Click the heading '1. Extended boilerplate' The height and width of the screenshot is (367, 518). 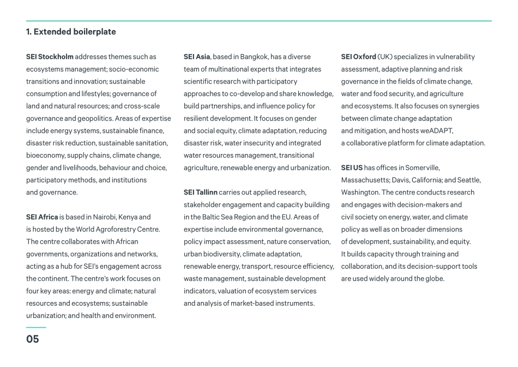click(x=71, y=32)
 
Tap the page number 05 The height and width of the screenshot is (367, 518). click(x=33, y=339)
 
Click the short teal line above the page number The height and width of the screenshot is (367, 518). click(x=36, y=327)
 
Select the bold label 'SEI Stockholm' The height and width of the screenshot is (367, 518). click(x=50, y=57)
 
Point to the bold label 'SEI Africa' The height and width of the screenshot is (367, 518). click(x=42, y=217)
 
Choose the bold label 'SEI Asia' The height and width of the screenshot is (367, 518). click(x=197, y=57)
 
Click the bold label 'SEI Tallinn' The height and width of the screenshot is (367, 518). click(x=201, y=192)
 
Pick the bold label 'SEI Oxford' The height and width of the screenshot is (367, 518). click(x=358, y=57)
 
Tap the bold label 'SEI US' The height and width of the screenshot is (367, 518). click(x=352, y=168)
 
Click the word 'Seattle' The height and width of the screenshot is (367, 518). click(x=468, y=180)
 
